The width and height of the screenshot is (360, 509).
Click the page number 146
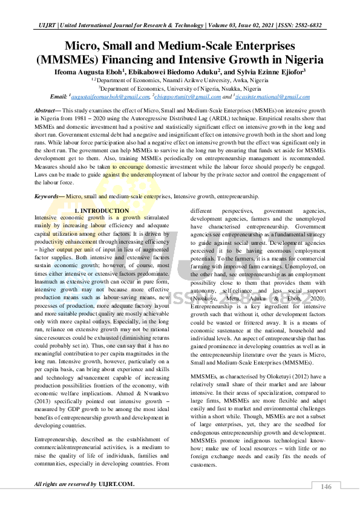pyautogui.click(x=326, y=487)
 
